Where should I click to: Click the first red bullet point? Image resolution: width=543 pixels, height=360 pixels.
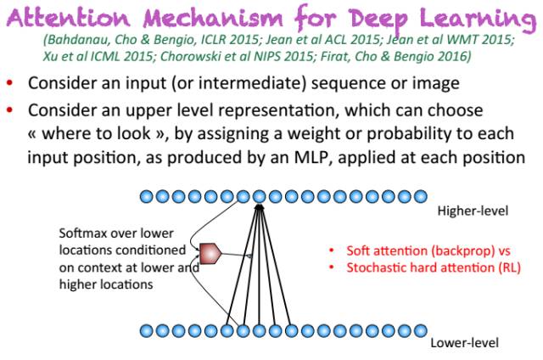[10, 83]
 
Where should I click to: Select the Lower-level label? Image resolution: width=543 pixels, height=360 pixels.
[464, 343]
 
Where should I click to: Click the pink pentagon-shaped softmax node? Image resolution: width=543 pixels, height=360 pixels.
[210, 251]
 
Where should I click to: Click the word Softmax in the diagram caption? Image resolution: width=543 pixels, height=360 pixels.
[82, 233]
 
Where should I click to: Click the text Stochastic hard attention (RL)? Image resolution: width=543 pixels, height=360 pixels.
[434, 267]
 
